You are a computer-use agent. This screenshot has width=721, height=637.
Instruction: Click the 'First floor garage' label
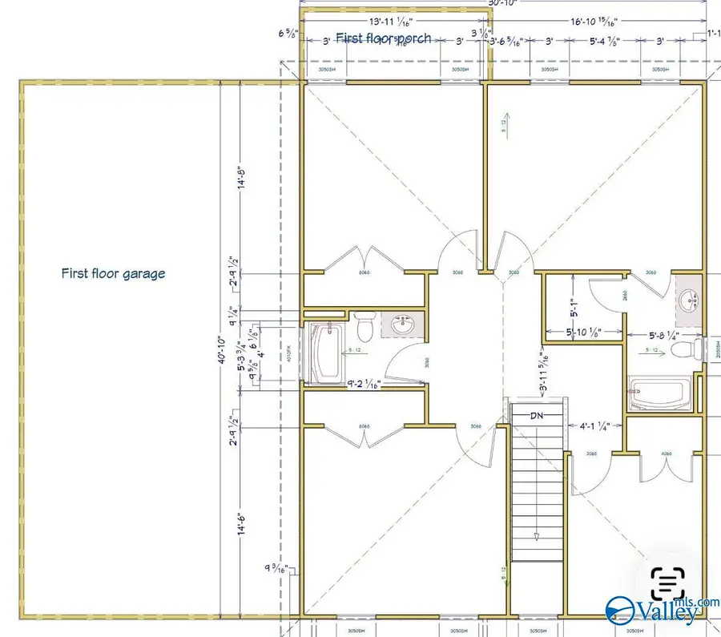pyautogui.click(x=113, y=273)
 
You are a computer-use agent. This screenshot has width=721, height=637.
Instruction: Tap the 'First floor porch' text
pyautogui.click(x=383, y=38)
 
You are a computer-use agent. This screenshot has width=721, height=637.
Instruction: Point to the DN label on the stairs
pyautogui.click(x=537, y=415)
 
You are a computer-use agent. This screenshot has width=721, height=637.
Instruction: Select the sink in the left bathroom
pyautogui.click(x=402, y=325)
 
